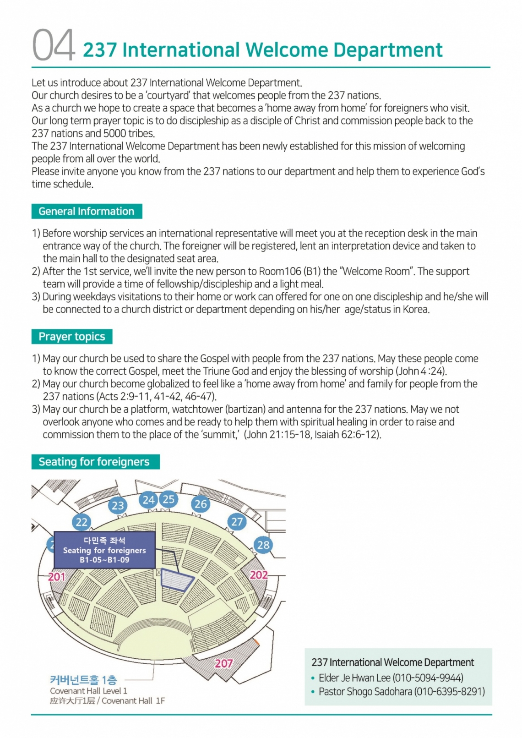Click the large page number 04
coord(54,45)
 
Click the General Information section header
coord(87,212)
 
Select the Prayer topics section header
coord(72,337)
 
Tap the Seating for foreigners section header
coord(94,462)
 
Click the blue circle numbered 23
coord(118,505)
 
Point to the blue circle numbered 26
coord(201,504)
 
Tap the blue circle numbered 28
coord(263,545)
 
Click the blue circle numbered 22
coord(82,522)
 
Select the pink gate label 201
coord(57,577)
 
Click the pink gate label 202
coord(259,574)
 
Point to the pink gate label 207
coord(224,663)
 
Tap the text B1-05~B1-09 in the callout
coord(104,560)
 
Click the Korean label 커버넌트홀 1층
coord(83,680)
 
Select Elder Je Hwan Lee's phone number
coord(428,678)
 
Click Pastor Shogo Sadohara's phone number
coord(449,691)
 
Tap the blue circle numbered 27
coord(237,521)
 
